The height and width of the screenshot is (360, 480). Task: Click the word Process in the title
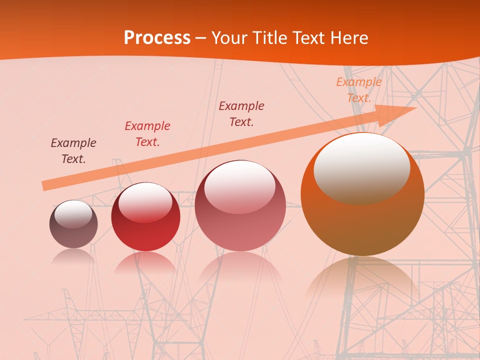(157, 38)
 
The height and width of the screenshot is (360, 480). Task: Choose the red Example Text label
(147, 134)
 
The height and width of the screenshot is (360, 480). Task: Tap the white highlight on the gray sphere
(73, 213)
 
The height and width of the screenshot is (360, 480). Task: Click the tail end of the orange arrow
(46, 185)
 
